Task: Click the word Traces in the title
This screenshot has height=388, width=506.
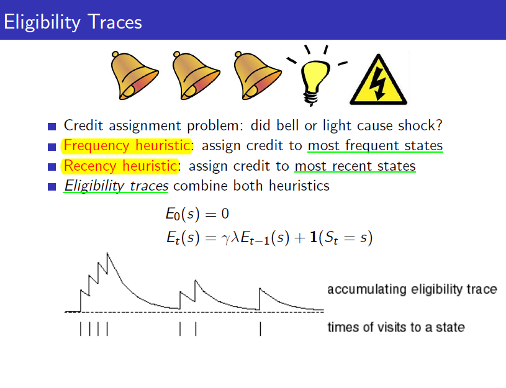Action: (115, 22)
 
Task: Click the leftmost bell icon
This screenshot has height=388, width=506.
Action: (134, 76)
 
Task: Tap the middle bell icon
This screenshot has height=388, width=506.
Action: (196, 76)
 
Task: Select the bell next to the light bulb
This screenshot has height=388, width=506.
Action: (257, 76)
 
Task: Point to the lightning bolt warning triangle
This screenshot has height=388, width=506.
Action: (378, 80)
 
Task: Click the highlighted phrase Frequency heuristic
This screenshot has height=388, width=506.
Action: (127, 146)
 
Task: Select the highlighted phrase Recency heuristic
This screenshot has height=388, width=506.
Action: (120, 166)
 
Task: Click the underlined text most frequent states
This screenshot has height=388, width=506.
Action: (375, 146)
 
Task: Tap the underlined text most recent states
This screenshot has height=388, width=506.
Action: (355, 166)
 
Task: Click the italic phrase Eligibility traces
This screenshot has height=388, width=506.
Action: (116, 186)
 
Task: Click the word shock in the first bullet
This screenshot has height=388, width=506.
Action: (417, 125)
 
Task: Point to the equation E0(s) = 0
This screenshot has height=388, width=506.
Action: (197, 214)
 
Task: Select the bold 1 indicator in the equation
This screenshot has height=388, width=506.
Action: (313, 237)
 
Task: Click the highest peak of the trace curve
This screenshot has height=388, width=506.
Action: (107, 253)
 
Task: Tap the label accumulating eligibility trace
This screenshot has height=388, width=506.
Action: (412, 289)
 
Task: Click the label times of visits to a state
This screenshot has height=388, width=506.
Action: (396, 327)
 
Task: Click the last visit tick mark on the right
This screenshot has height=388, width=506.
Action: (260, 329)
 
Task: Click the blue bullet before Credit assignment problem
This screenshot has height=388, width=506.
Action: (52, 126)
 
